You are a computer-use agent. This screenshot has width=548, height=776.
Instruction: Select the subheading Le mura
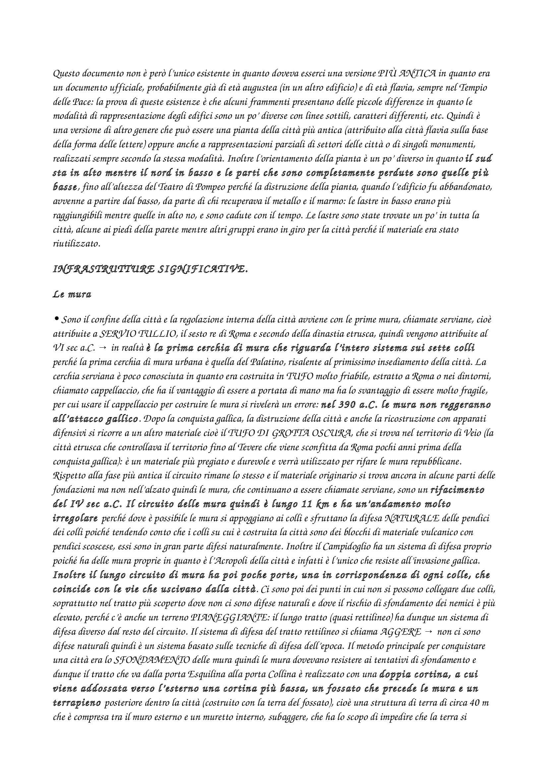click(72, 295)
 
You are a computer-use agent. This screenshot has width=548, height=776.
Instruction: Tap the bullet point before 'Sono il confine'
click(56, 319)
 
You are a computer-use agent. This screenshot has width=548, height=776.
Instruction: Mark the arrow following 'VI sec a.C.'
click(103, 348)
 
